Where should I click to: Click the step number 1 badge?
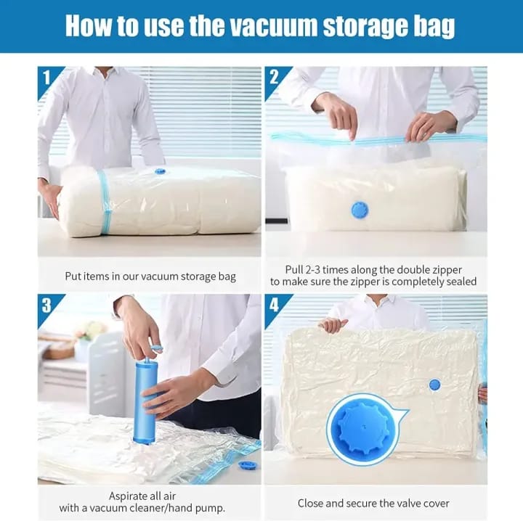pos(46,75)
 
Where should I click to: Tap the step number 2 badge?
pos(274,75)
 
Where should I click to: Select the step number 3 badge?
pos(46,303)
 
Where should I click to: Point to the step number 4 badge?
pos(274,303)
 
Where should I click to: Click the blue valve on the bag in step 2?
pos(360,210)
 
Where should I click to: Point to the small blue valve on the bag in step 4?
pos(434,385)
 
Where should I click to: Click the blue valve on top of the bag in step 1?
pos(160,171)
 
